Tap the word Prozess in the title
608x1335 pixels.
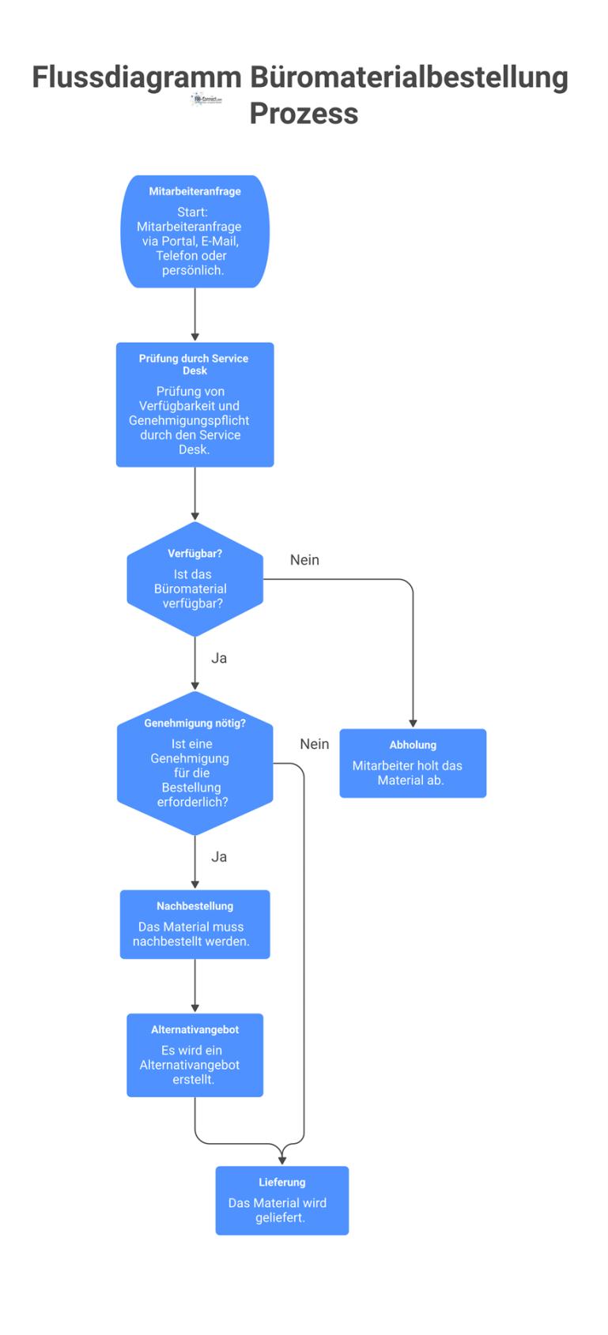304,113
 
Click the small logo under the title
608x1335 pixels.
206,100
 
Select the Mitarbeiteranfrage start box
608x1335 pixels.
194,231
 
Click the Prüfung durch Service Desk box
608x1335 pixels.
194,404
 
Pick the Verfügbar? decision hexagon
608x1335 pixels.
194,579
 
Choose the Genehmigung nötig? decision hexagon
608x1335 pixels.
194,763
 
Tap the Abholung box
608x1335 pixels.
413,763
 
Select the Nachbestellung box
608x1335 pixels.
194,924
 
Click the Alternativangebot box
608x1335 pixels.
194,1055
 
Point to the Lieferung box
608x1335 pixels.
281,1200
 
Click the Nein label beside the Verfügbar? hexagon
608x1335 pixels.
304,560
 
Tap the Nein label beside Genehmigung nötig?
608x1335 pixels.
314,744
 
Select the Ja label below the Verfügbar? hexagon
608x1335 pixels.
219,658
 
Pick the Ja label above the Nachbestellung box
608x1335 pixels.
219,856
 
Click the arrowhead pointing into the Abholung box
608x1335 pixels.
413,723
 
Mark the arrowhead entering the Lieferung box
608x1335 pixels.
281,1160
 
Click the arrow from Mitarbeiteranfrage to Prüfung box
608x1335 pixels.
194,314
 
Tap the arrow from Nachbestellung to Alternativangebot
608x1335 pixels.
194,985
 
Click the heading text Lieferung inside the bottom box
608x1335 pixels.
281,1182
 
